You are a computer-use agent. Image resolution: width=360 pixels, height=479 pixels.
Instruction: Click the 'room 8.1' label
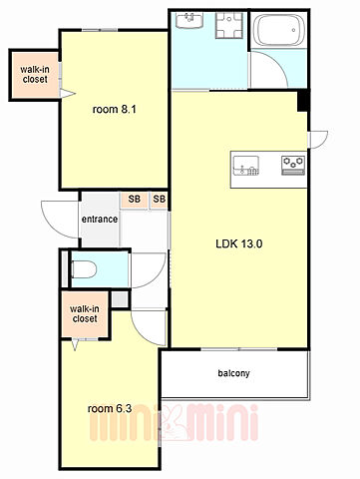click(x=114, y=109)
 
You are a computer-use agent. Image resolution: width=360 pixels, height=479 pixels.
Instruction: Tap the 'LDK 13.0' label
click(x=239, y=243)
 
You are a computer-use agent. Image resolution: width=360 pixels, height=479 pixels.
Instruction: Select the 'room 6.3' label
click(x=110, y=408)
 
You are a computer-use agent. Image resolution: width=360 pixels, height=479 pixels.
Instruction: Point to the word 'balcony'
click(x=233, y=373)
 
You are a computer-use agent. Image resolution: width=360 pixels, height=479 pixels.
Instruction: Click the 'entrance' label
click(x=100, y=220)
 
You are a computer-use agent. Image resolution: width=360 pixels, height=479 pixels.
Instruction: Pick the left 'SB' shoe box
click(x=135, y=200)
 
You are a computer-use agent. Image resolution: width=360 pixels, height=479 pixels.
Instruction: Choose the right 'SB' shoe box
click(x=159, y=200)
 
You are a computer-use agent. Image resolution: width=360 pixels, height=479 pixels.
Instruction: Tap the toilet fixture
click(x=84, y=269)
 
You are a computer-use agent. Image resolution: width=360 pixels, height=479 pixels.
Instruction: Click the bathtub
click(x=279, y=30)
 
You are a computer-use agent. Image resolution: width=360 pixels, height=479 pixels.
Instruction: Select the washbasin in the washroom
click(x=189, y=20)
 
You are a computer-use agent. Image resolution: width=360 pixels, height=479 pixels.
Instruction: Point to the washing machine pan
click(x=228, y=25)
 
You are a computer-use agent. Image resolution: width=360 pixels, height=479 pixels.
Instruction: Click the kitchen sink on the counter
click(x=246, y=165)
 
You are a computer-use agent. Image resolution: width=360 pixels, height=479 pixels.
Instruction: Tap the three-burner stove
click(x=293, y=165)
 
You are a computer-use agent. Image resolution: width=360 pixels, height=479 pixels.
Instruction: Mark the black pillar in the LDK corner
click(x=303, y=101)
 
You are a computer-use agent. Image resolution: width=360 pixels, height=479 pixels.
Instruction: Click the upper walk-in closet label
click(x=35, y=74)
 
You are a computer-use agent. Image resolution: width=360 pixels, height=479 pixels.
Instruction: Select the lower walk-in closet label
click(x=85, y=313)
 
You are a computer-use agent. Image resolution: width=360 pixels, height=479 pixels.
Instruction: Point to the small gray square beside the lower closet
click(x=120, y=299)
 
